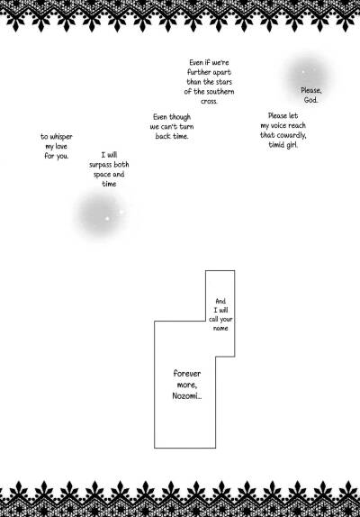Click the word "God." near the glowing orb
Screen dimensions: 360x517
pyautogui.click(x=310, y=100)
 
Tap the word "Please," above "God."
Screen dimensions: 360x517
pyautogui.click(x=311, y=90)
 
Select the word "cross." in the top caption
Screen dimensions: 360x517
pyautogui.click(x=209, y=101)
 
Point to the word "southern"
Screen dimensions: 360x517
pyautogui.click(x=220, y=91)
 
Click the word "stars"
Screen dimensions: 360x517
pyautogui.click(x=224, y=82)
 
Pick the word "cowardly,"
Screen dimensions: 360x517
pyautogui.click(x=291, y=135)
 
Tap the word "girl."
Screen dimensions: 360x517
pyautogui.click(x=291, y=145)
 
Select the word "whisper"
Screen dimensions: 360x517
pyautogui.click(x=61, y=137)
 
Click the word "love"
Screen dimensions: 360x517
pyautogui.click(x=61, y=147)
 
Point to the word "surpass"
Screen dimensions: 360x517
pyautogui.click(x=101, y=165)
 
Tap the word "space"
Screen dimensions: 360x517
pyautogui.click(x=102, y=175)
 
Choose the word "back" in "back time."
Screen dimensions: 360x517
pyautogui.click(x=164, y=136)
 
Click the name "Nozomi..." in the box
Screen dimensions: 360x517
pyautogui.click(x=187, y=396)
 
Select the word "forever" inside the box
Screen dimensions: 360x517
pyautogui.click(x=187, y=374)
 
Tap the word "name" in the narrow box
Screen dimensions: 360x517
pyautogui.click(x=220, y=329)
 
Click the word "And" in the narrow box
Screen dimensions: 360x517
pyautogui.click(x=220, y=301)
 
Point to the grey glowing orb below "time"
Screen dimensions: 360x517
pyautogui.click(x=102, y=214)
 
